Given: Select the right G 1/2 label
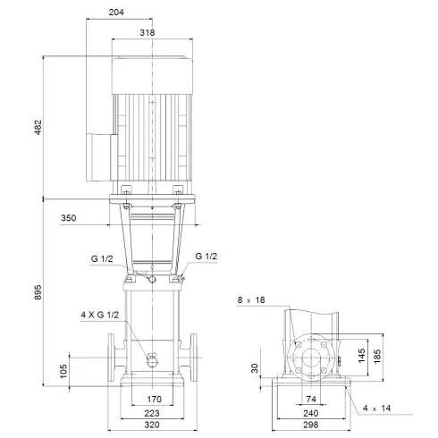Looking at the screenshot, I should (x=207, y=256).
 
